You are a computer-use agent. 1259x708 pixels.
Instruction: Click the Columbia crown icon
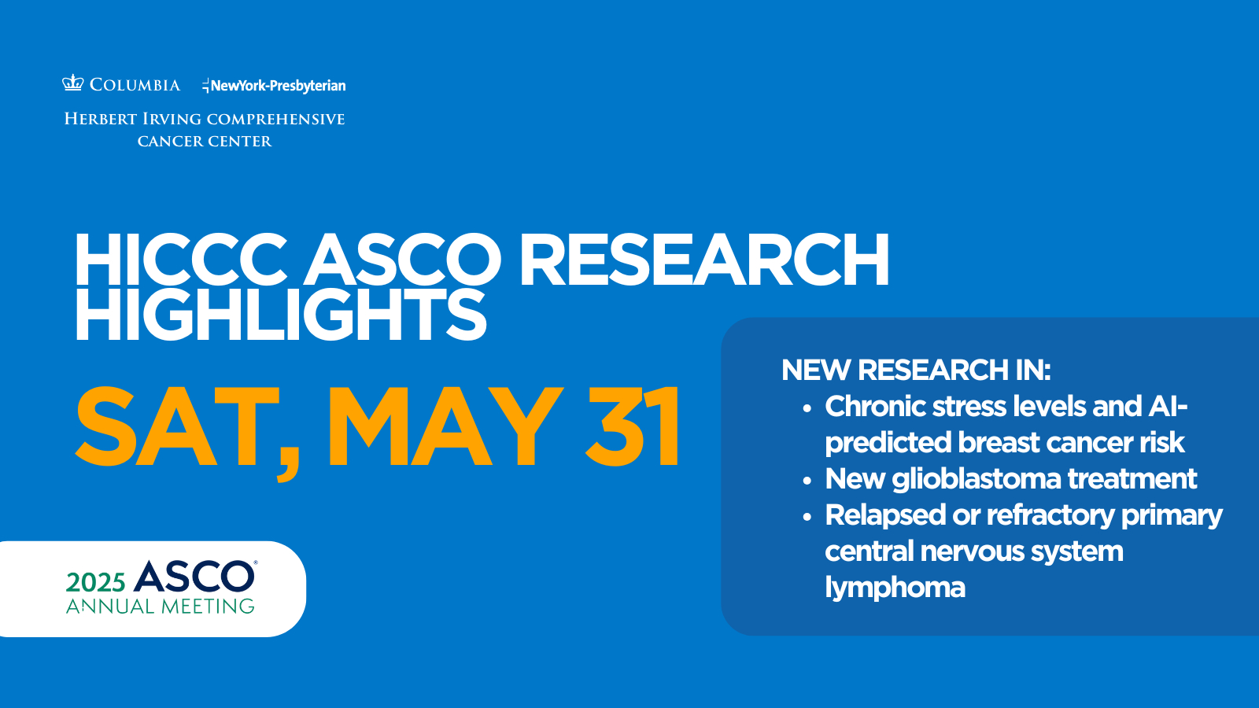(72, 83)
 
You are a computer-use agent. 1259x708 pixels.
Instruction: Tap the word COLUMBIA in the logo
(135, 85)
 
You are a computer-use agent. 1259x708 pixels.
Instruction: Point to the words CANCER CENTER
(205, 141)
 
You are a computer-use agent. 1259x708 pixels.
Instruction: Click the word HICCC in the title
(180, 260)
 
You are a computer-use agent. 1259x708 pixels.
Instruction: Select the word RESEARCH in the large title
(703, 260)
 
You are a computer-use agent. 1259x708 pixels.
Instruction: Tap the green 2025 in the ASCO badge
(95, 583)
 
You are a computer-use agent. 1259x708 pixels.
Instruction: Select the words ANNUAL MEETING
(161, 607)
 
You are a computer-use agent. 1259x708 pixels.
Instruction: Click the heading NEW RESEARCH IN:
(916, 371)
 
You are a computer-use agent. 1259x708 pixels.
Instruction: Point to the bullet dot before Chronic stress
(807, 408)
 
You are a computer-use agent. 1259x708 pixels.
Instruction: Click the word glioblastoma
(977, 479)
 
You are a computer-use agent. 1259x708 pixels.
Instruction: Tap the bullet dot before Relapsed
(807, 517)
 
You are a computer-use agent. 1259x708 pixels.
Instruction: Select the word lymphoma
(895, 588)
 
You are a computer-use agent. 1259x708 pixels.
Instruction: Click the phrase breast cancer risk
(1071, 442)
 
